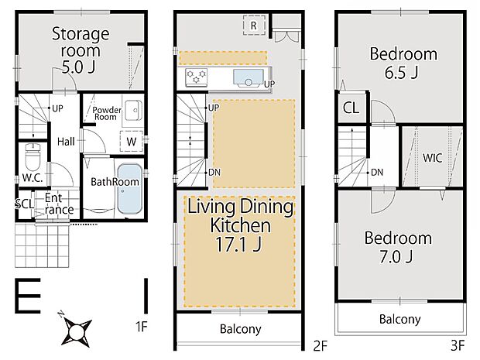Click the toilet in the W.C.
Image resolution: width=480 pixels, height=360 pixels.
[33, 156]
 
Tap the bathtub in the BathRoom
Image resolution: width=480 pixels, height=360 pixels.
[130, 189]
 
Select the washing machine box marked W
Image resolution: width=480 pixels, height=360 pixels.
[132, 141]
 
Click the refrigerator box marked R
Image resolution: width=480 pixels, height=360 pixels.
[254, 25]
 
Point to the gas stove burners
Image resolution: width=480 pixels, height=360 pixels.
[196, 77]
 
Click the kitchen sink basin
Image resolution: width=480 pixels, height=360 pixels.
[249, 78]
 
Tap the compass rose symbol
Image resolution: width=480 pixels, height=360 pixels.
[76, 330]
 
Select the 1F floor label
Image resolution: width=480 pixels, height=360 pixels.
[142, 327]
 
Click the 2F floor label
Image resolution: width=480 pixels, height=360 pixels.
[321, 346]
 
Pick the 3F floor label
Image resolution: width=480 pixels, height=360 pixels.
[458, 345]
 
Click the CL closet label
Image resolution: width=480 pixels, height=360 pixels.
[351, 108]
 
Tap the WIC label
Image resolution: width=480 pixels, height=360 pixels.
[433, 158]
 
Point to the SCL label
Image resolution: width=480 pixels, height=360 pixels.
[25, 204]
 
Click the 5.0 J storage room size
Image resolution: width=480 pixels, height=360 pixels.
[78, 67]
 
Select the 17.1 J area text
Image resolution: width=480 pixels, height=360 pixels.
[238, 244]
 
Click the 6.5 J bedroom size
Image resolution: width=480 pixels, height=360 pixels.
[401, 72]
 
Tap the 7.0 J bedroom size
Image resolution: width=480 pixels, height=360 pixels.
[396, 256]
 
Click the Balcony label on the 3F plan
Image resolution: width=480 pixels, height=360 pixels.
[399, 319]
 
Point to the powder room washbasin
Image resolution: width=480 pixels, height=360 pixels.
[133, 111]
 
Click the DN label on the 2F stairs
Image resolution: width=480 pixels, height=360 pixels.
[214, 173]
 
